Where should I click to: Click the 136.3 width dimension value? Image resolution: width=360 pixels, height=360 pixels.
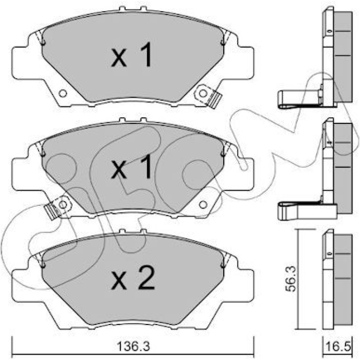(x=133, y=346)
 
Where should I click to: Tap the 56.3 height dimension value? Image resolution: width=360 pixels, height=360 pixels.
(x=292, y=279)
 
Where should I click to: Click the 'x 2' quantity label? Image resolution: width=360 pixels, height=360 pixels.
(x=133, y=279)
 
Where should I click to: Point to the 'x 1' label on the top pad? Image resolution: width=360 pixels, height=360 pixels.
(x=132, y=55)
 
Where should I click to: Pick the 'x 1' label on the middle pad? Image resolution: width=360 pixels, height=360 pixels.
(x=132, y=167)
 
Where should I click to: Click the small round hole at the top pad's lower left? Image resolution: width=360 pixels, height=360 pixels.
(x=63, y=93)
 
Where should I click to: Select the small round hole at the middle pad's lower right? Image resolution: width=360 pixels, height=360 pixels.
(x=203, y=204)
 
